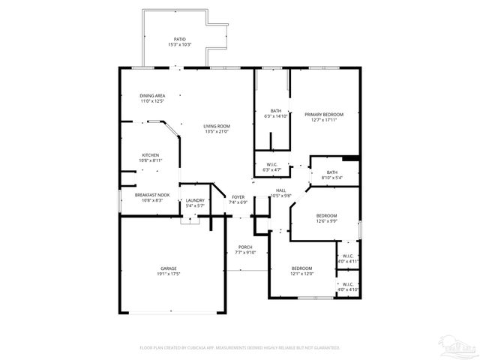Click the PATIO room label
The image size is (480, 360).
[x=179, y=39]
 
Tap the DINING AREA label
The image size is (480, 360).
[x=152, y=96]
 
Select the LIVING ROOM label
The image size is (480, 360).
[x=217, y=125]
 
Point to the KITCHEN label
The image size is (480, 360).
[x=151, y=155]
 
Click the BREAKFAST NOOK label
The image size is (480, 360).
[x=152, y=195]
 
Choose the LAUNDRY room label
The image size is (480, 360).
[x=195, y=199]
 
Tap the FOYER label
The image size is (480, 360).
[x=238, y=196]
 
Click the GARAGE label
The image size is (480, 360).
[x=168, y=268]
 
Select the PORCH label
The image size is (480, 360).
[x=245, y=247]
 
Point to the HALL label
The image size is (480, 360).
[x=280, y=190]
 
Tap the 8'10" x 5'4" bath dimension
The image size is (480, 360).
[x=331, y=178]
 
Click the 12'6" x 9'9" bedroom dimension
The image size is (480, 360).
[x=326, y=220]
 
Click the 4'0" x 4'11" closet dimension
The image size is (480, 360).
[x=348, y=261]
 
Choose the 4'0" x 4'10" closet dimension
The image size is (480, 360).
[x=348, y=289]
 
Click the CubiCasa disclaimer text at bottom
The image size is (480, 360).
[x=240, y=348]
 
